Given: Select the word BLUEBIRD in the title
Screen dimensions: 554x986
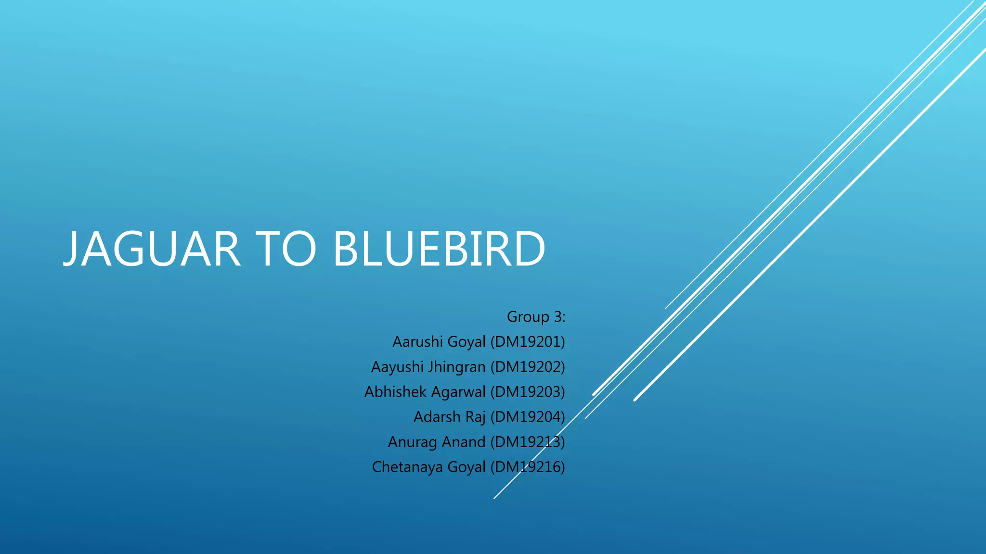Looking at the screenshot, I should coord(439,249).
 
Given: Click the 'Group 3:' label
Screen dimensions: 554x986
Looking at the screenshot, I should coord(536,317).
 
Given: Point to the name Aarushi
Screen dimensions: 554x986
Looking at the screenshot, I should coord(417,342).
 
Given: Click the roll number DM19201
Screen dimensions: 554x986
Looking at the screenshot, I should coord(528,342).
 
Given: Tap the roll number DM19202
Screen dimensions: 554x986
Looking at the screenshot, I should coord(528,367).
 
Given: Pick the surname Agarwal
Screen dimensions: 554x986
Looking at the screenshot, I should coord(458,392).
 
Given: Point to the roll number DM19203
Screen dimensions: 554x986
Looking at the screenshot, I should coord(528,392).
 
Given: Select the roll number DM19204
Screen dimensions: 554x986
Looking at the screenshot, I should coord(528,417).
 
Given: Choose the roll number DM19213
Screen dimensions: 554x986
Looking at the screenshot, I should coord(528,442).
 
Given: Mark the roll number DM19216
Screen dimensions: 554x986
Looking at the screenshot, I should coord(528,467).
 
